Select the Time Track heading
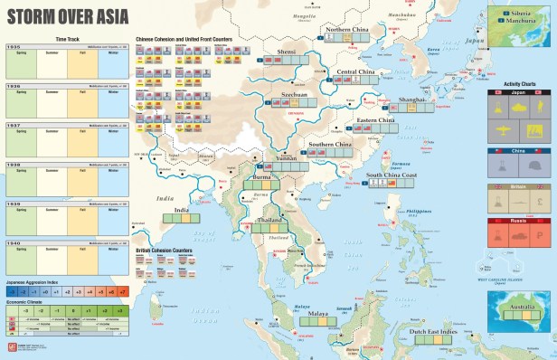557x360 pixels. (x=68, y=39)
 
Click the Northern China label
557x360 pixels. (x=348, y=30)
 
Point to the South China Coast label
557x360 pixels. (x=391, y=175)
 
